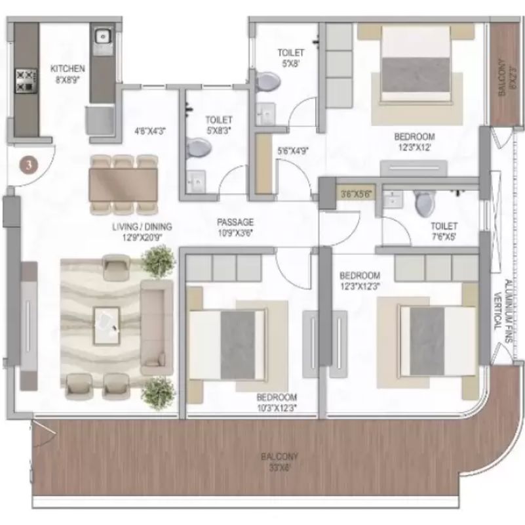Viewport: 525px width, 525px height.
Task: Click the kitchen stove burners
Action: point(24,79)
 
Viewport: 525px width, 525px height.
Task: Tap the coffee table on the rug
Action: point(106,322)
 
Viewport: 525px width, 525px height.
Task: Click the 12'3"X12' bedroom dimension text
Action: point(414,148)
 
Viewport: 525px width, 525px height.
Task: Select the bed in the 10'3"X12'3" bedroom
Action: point(227,343)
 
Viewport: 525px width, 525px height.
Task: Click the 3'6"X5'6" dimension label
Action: point(357,194)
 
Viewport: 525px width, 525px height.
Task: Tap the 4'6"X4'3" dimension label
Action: point(150,131)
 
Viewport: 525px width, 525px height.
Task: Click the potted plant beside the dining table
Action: point(159,261)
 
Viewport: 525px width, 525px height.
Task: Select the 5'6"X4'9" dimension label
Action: point(292,150)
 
